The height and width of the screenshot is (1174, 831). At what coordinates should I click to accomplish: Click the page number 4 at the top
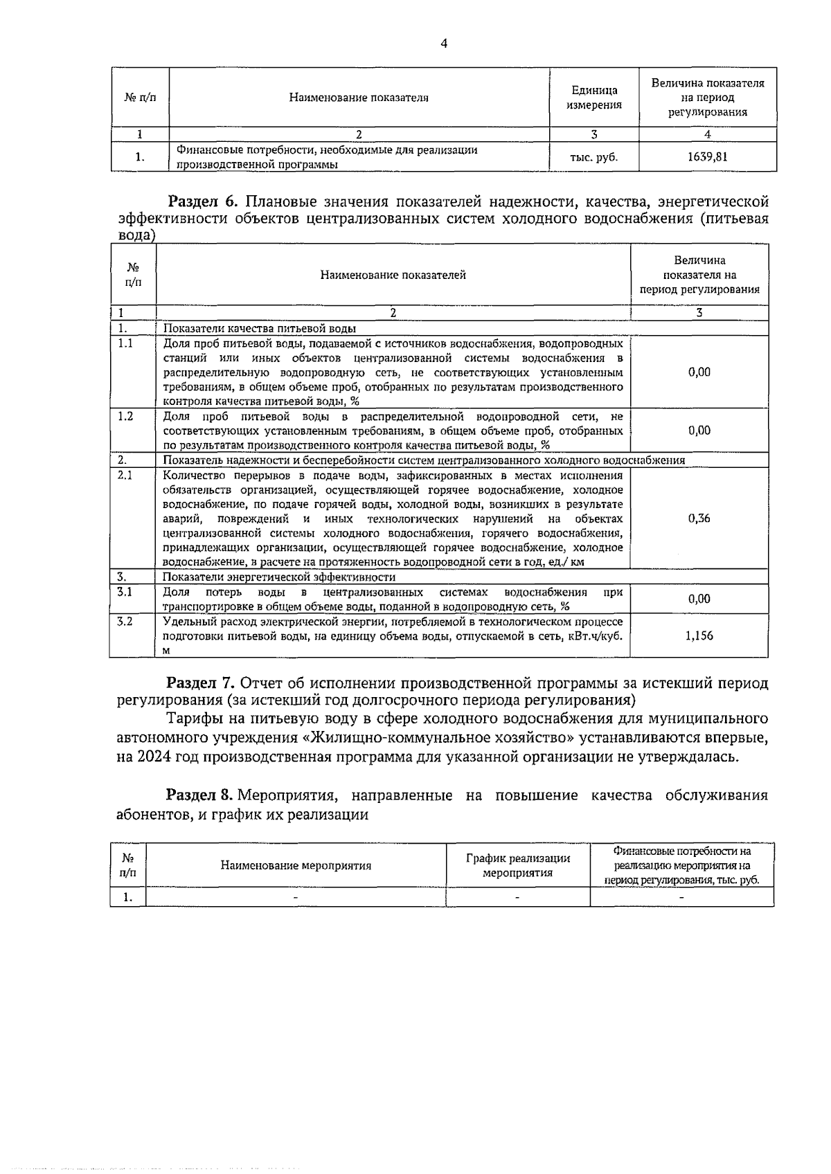[444, 44]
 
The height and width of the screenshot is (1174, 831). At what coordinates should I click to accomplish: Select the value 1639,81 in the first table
[707, 157]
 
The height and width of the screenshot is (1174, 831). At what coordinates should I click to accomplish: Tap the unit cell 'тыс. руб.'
[593, 157]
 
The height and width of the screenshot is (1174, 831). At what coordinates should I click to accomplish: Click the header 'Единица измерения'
[593, 98]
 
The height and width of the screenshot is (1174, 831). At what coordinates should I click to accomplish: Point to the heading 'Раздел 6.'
[203, 201]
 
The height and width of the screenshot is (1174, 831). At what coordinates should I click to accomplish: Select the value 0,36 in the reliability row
[699, 518]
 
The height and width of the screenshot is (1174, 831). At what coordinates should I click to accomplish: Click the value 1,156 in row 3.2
[699, 635]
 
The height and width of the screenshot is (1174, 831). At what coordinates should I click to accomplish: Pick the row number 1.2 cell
[126, 416]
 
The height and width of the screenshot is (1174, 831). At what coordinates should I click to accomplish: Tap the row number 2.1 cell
[126, 475]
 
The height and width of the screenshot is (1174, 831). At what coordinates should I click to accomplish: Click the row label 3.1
[125, 592]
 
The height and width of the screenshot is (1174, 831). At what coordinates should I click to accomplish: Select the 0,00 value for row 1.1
[699, 372]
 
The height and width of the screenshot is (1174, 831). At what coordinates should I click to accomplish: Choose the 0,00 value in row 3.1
[699, 599]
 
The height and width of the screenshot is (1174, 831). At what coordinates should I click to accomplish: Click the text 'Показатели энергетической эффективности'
[279, 577]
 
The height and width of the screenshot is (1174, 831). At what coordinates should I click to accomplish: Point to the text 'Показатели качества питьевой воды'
[260, 328]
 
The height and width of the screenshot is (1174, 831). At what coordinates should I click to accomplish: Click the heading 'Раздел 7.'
[203, 683]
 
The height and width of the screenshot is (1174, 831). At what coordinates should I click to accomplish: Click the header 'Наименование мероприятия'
[296, 865]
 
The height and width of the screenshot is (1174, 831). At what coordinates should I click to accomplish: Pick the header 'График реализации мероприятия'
[517, 865]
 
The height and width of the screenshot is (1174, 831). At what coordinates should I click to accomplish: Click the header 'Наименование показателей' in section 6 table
[393, 275]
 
